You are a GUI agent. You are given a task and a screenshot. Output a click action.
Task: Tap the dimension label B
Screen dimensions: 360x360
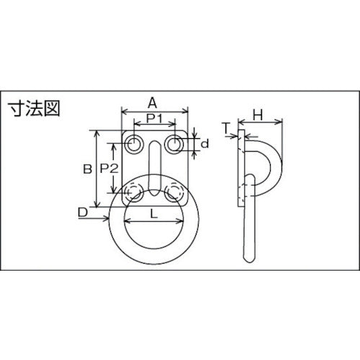86,170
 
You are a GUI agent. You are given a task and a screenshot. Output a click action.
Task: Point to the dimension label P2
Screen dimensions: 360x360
109,170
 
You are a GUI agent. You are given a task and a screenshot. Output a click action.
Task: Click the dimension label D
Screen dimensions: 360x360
83,212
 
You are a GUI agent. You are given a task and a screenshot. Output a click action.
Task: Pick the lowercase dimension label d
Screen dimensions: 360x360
205,145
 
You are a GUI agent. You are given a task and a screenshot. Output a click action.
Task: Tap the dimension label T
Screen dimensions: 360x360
226,127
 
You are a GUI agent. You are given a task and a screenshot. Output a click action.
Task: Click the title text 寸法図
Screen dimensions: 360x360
35,109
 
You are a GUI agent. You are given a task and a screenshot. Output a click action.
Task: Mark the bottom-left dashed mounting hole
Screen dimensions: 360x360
134,192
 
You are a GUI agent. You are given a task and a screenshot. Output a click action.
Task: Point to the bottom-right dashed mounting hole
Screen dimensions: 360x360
173,192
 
